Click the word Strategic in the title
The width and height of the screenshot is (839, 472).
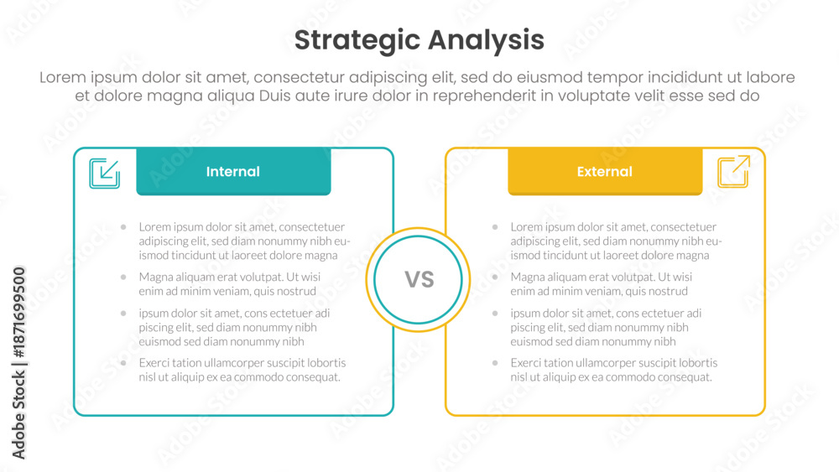click(357, 41)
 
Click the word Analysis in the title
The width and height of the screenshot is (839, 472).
click(486, 40)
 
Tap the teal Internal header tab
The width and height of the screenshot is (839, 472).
click(233, 172)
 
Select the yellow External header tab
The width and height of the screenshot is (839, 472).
click(605, 172)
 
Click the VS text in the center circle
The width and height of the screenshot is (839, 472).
click(419, 279)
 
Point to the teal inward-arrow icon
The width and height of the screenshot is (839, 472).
click(104, 174)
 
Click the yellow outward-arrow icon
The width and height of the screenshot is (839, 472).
click(733, 172)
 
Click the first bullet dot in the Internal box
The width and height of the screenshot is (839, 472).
click(123, 227)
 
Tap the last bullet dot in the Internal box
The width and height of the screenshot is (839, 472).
click(123, 363)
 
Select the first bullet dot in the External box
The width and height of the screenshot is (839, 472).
click(495, 227)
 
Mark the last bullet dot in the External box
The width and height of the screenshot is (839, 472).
click(495, 363)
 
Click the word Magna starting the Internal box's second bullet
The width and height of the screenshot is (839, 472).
click(154, 277)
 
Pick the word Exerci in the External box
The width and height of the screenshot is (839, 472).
click(525, 363)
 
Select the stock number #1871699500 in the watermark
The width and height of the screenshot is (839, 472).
click(18, 312)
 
